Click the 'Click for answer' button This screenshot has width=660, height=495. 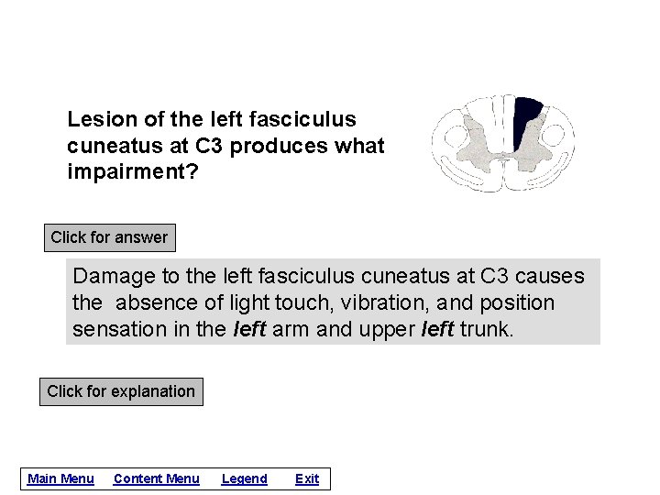pos(109,237)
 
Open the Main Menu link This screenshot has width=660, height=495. pos(60,478)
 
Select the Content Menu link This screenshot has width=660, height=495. pos(156,478)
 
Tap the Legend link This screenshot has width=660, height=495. pos(244,478)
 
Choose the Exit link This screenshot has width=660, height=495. pos(307,478)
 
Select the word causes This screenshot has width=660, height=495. pos(551,276)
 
